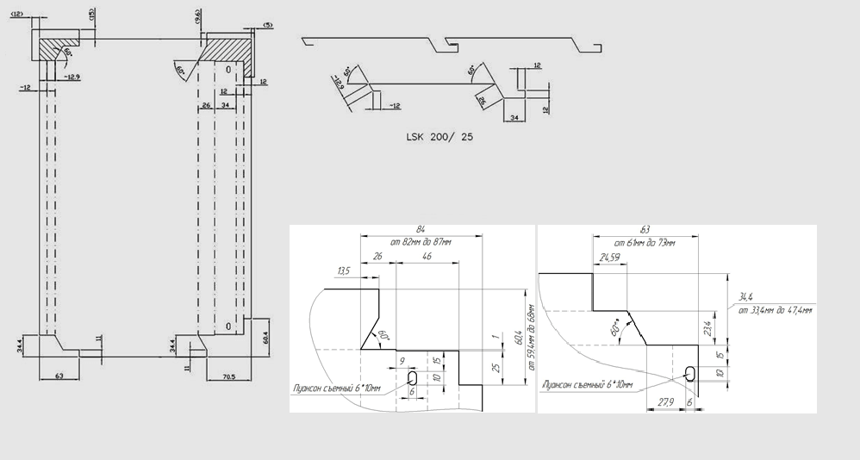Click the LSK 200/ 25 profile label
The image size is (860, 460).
click(x=439, y=137)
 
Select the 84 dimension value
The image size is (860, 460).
click(x=421, y=229)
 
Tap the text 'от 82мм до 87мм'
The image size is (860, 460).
click(x=421, y=242)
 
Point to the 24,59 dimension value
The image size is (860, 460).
click(x=609, y=257)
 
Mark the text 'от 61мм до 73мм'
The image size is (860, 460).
click(x=645, y=242)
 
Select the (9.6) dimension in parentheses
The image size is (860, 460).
click(x=197, y=14)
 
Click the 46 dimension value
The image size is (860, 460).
click(x=427, y=257)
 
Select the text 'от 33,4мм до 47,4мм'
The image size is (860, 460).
click(x=775, y=309)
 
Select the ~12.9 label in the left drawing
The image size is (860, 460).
click(x=72, y=78)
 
